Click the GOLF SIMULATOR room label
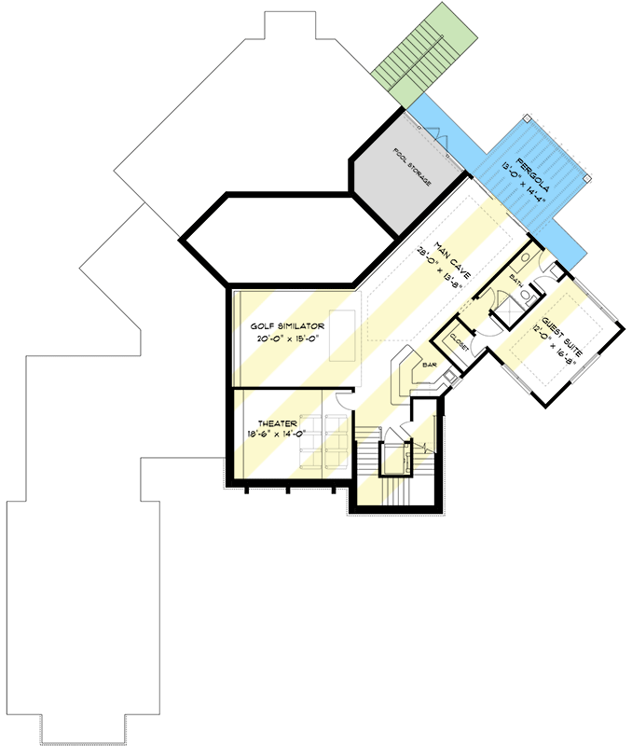287,326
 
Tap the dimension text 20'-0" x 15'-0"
287,339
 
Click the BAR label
431,365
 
